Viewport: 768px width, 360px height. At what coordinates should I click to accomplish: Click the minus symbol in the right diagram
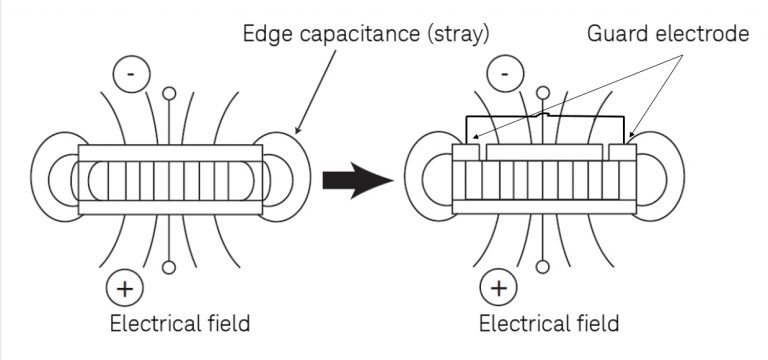(504, 73)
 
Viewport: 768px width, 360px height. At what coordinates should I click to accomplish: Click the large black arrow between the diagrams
(355, 183)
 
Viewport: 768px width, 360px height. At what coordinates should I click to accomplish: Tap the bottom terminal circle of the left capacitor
(170, 267)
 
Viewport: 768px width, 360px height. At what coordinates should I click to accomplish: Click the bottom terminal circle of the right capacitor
(543, 267)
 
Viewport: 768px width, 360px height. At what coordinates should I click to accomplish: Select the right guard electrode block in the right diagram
(623, 152)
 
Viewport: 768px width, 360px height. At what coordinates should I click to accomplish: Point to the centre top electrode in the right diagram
(544, 152)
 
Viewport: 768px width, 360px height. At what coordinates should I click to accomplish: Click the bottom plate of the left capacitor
(171, 208)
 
